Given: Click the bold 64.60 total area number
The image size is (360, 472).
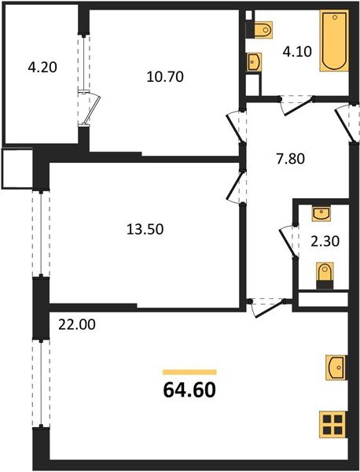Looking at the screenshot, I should [189, 389].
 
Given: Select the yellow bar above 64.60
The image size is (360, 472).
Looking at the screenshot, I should [189, 371].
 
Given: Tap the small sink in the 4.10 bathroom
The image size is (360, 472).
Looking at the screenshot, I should [255, 63].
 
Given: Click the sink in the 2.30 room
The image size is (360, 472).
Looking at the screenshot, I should [321, 212].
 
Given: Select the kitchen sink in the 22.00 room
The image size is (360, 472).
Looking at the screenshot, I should [333, 367].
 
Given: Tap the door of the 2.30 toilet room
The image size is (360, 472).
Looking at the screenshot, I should [285, 236].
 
